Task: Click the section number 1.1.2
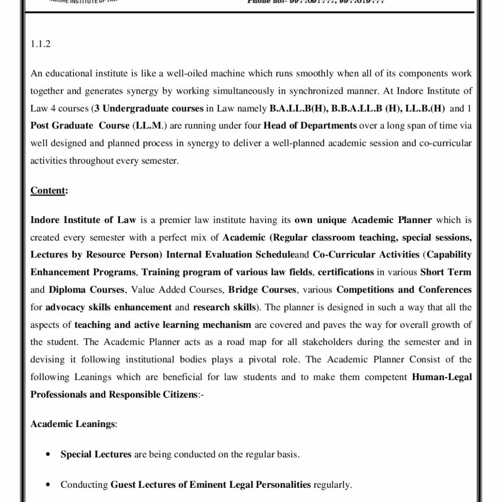41,44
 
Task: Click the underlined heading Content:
49,190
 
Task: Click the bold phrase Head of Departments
310,125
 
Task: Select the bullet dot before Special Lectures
48,454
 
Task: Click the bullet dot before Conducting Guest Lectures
48,485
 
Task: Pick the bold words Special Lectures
96,454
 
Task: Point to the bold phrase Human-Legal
442,377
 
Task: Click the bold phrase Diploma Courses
86,290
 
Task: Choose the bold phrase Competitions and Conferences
404,290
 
